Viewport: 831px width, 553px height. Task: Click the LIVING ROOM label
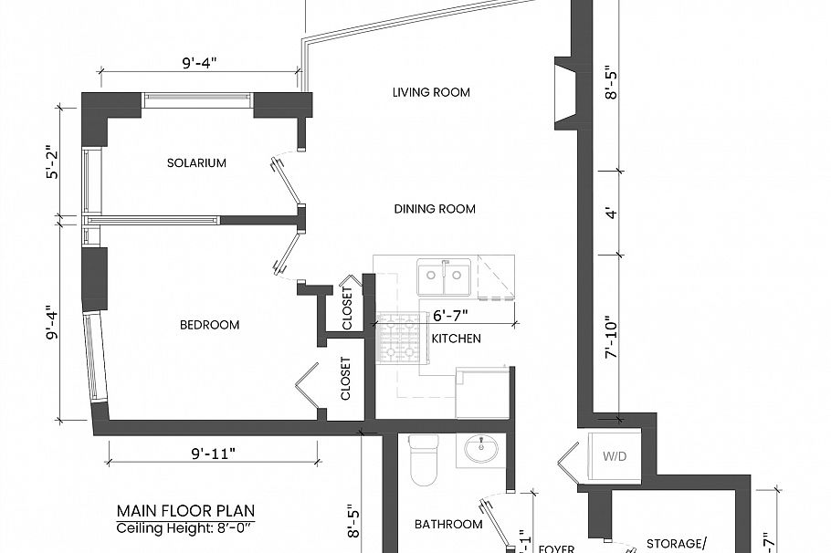click(431, 92)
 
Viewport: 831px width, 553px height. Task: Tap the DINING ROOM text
click(435, 209)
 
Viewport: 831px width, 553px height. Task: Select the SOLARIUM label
click(196, 163)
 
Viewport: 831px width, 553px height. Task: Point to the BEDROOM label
click(209, 325)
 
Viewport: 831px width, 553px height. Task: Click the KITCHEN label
click(456, 339)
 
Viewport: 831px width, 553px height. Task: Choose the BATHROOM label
click(447, 524)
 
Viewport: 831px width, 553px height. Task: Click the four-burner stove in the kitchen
click(398, 339)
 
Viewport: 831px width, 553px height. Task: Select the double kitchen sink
click(445, 276)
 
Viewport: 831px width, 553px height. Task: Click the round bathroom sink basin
click(480, 450)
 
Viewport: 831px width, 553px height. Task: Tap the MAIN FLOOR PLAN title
click(185, 511)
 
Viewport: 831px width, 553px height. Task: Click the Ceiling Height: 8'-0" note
click(185, 527)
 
